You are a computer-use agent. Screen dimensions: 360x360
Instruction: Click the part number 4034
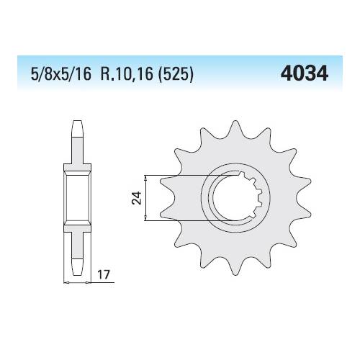304,73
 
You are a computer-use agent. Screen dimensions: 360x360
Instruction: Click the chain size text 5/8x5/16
61,73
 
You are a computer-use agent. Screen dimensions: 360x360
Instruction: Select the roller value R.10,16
127,73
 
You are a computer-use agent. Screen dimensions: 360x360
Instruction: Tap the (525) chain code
175,74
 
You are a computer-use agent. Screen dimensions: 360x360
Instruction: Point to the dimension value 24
137,198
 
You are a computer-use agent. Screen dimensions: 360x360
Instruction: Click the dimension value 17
104,274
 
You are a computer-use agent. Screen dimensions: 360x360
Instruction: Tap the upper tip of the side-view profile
77,121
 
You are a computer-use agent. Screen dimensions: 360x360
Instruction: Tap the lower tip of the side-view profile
77,274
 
